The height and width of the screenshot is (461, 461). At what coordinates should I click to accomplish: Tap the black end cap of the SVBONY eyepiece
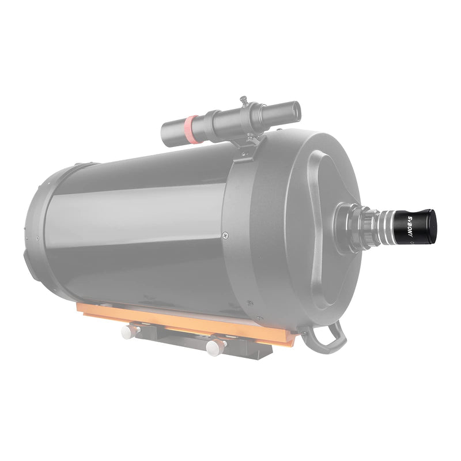pyautogui.click(x=432, y=226)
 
